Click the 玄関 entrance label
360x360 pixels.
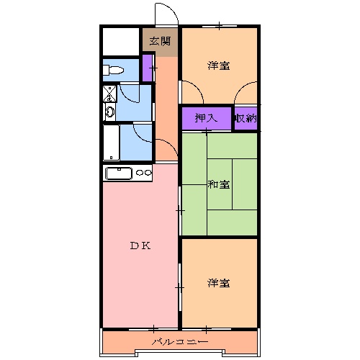point(160,41)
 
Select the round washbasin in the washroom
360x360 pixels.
point(109,111)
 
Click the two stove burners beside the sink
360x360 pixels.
point(144,173)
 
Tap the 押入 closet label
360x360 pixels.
point(205,118)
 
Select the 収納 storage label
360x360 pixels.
point(245,118)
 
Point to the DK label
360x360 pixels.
point(140,246)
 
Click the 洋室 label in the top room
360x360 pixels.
point(219,66)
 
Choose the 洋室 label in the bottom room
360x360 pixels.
point(219,282)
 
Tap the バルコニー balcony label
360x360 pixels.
point(179,341)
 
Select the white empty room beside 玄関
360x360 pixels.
point(120,42)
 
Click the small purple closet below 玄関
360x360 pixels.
point(148,68)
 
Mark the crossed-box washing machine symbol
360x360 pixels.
point(109,93)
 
